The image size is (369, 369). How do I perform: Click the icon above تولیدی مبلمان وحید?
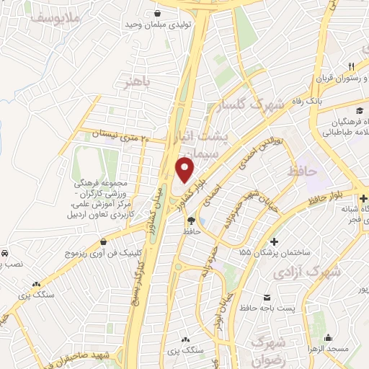157,12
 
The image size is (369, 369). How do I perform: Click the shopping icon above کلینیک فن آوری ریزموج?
106,241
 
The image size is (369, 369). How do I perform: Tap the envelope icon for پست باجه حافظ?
267,297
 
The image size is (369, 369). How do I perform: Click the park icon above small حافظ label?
191,220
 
